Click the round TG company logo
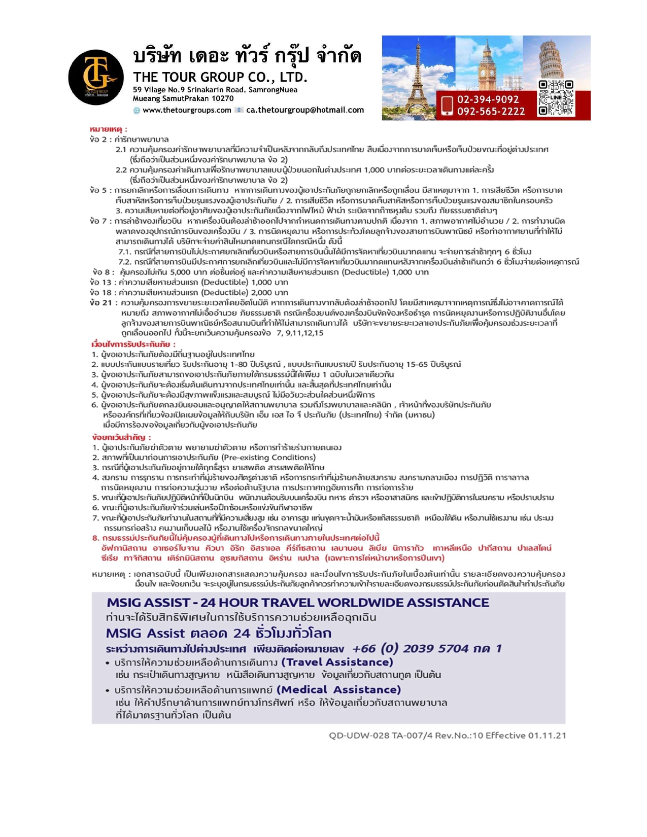click(x=95, y=77)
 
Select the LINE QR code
click(x=556, y=97)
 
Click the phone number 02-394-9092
click(x=488, y=99)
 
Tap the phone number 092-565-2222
click(x=491, y=111)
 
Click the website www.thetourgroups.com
click(x=186, y=110)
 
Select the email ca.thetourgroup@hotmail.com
click(x=305, y=110)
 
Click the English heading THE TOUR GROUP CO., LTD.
click(x=220, y=77)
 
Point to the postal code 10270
click(x=223, y=98)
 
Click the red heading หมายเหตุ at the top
click(x=108, y=129)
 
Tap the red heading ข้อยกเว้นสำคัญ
click(x=121, y=437)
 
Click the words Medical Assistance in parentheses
click(x=339, y=689)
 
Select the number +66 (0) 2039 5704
click(x=410, y=648)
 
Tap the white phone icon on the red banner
click(x=447, y=106)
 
